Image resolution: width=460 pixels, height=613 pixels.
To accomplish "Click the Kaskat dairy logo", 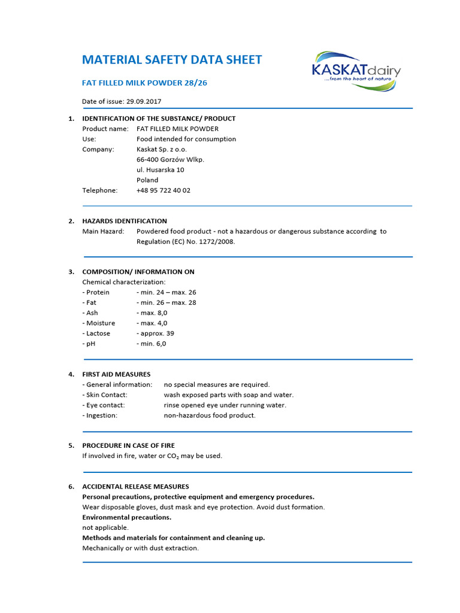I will click(356, 71).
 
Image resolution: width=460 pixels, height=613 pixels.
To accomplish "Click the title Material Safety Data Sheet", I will click(172, 60).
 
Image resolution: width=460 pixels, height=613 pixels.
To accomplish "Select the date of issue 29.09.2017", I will click(149, 101).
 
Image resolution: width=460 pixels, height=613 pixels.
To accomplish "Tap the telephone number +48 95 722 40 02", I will click(164, 190).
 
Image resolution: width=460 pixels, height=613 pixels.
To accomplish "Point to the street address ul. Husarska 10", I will click(161, 170).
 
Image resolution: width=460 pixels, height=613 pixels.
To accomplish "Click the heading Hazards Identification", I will click(125, 221).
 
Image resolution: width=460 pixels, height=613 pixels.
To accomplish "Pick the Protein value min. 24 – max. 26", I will click(167, 293).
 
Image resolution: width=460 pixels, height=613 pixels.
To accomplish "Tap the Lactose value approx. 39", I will click(156, 333).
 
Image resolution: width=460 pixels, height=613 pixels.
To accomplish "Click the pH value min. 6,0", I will click(152, 344).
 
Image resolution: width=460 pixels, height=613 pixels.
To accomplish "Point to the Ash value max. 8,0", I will click(152, 313).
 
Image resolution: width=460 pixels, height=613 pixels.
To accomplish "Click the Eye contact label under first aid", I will click(103, 405).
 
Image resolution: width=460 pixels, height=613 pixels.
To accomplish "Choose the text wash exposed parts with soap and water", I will click(229, 395).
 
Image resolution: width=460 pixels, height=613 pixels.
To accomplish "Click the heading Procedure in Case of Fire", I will click(128, 446).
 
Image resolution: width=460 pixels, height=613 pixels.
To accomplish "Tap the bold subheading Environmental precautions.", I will click(126, 517).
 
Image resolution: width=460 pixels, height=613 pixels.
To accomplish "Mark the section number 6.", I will click(71, 487).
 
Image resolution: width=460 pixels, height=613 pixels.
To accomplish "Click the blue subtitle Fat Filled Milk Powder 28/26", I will click(144, 83).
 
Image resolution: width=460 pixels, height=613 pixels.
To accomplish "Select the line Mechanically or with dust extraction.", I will click(140, 548).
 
